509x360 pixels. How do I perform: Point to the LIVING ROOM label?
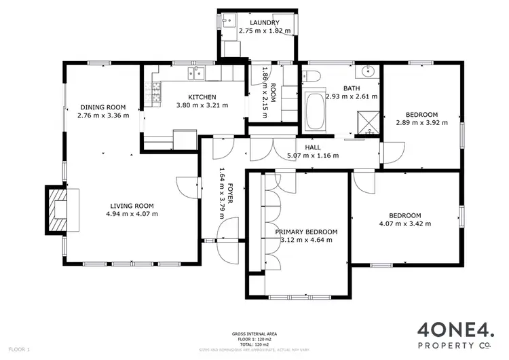pyautogui.click(x=132, y=205)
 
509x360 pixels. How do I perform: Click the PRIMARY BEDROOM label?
pyautogui.click(x=306, y=231)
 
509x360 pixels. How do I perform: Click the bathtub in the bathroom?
pyautogui.click(x=316, y=111)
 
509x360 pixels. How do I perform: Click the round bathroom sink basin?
pyautogui.click(x=369, y=71)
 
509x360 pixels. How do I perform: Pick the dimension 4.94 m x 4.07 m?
pyautogui.click(x=132, y=214)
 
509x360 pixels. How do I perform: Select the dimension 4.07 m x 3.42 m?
pyautogui.click(x=404, y=223)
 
